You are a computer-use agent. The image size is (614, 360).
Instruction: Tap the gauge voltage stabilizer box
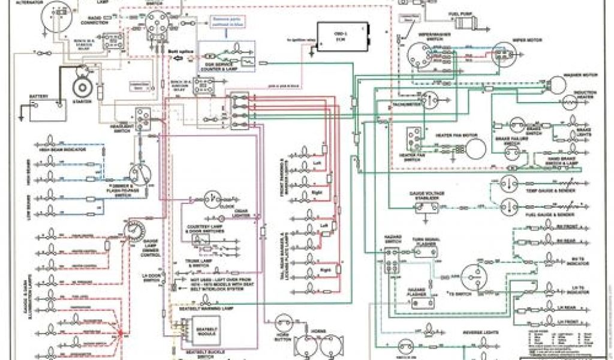[x=428, y=208]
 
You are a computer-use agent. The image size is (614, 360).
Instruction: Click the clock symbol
[x=212, y=198]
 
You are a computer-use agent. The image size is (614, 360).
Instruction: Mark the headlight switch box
[x=143, y=117]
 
